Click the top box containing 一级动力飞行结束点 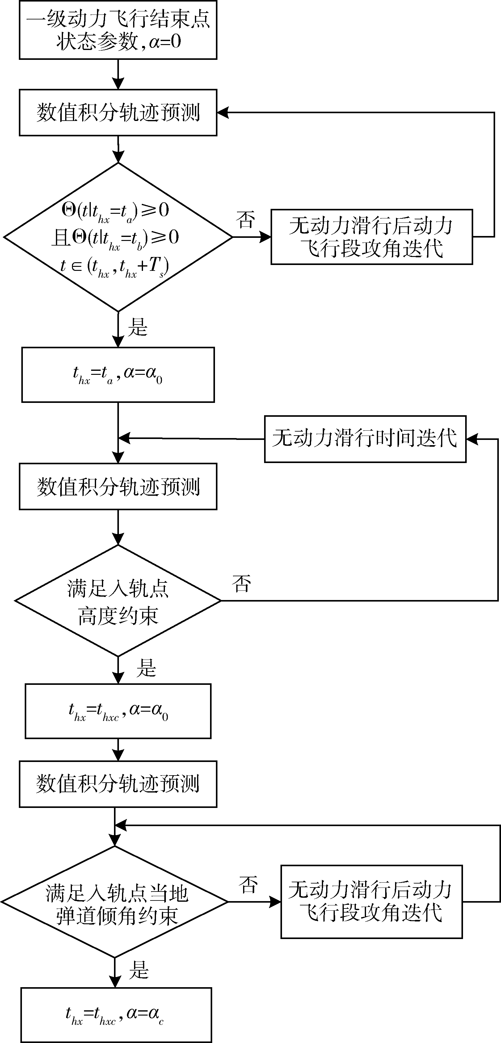point(118,30)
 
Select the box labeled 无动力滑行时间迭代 point(365,439)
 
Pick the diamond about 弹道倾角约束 point(115,902)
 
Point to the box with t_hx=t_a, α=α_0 point(118,375)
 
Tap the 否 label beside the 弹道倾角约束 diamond point(248,885)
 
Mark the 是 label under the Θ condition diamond point(138,327)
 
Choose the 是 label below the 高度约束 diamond point(146,668)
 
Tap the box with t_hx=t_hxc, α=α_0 point(118,711)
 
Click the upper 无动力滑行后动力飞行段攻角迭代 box point(371,237)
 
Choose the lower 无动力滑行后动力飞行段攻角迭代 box point(371,902)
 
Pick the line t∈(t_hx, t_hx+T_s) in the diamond point(115,267)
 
